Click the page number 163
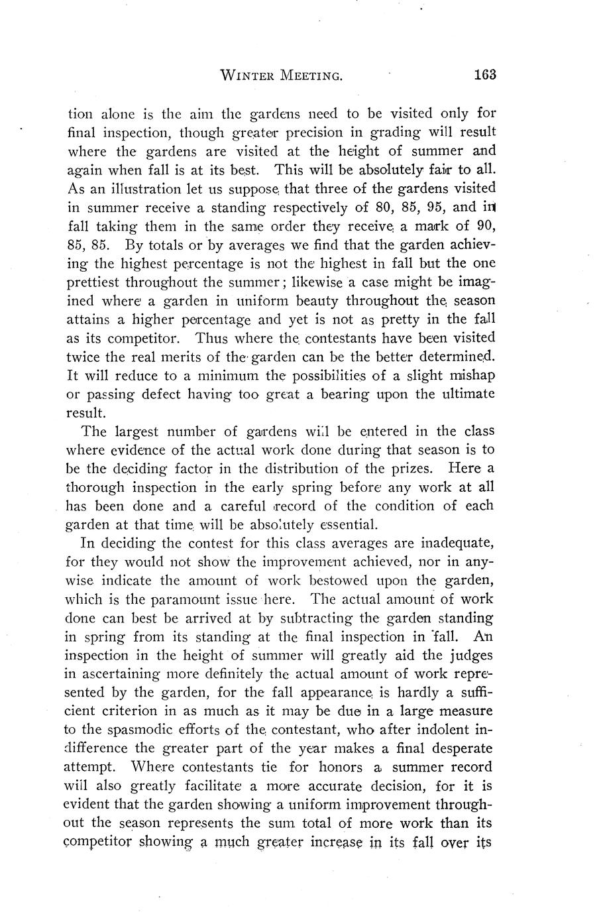[485, 74]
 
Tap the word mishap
[470, 375]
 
